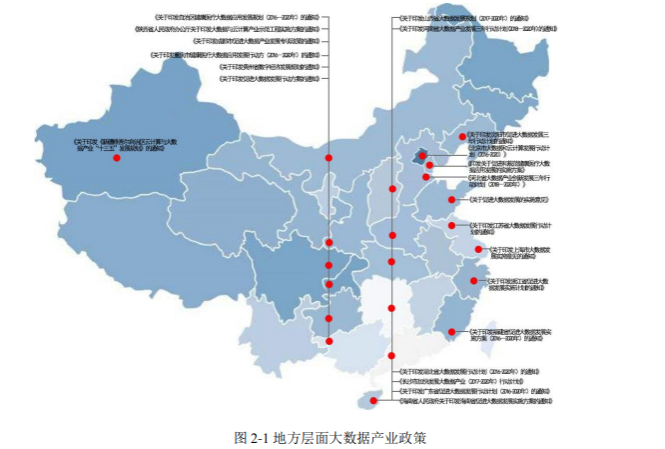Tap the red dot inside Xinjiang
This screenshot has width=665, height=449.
(x=117, y=157)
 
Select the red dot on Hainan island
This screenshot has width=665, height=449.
(x=364, y=405)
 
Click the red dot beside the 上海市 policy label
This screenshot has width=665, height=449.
(x=478, y=249)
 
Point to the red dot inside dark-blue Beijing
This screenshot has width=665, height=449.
(x=420, y=155)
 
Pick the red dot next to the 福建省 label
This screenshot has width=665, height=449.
(x=452, y=331)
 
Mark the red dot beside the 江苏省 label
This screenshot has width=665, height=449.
(x=452, y=225)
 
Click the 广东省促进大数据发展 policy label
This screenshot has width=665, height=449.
(x=469, y=391)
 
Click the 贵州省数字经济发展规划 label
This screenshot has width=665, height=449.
(x=271, y=66)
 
